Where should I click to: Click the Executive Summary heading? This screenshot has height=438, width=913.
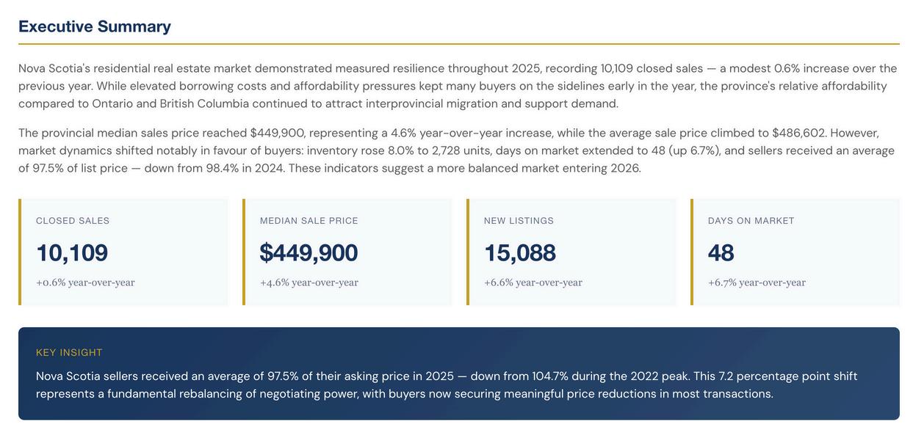point(95,26)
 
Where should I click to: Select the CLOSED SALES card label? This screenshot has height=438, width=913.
point(73,221)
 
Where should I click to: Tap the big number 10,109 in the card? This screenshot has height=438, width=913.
point(72,252)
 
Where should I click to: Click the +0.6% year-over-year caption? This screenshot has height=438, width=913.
point(85,282)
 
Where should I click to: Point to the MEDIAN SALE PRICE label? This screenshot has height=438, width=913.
point(309,221)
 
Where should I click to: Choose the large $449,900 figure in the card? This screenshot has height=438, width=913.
point(308,252)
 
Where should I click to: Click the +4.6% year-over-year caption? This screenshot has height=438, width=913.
point(309,282)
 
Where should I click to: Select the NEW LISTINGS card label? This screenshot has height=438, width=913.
point(519,221)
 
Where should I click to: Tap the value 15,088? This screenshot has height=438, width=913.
point(520,252)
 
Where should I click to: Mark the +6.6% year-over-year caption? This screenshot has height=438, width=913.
point(533,282)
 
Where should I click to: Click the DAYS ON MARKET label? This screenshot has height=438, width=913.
point(751,221)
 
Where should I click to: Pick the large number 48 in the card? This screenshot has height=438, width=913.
point(721,252)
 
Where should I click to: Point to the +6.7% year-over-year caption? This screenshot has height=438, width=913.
point(757,282)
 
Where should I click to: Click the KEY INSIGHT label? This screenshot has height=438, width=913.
point(69,353)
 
